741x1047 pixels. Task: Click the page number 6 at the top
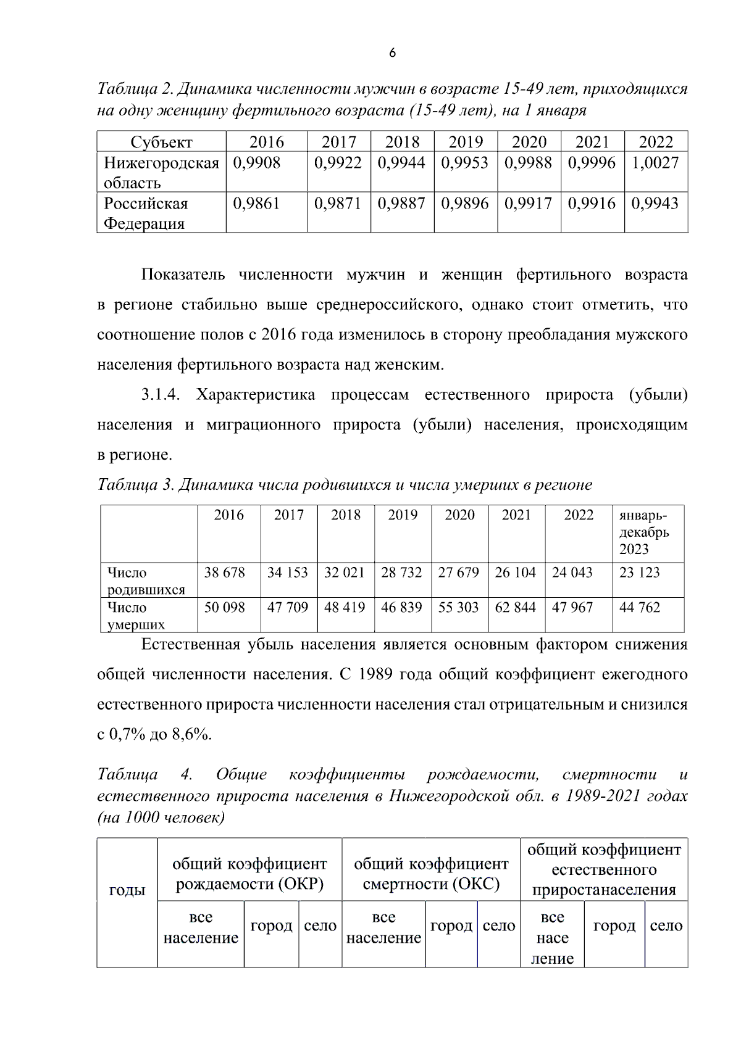click(393, 53)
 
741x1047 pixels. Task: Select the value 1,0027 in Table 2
click(655, 163)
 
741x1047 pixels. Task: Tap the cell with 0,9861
click(256, 204)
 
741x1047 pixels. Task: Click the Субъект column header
click(161, 142)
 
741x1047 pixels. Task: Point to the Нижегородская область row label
click(161, 173)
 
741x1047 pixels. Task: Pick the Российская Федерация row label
click(146, 213)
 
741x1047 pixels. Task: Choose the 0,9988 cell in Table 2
click(528, 163)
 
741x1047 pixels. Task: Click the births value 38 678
click(225, 573)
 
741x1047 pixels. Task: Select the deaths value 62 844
click(516, 608)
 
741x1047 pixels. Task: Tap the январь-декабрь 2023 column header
click(644, 532)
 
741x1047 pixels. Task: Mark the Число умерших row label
click(136, 616)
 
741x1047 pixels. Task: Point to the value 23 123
click(640, 573)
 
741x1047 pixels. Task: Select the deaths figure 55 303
click(459, 608)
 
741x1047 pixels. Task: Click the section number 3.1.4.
click(160, 395)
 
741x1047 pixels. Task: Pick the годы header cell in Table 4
click(127, 890)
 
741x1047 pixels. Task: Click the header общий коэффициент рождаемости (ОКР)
click(249, 874)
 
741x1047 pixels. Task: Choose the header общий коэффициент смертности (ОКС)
click(431, 874)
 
